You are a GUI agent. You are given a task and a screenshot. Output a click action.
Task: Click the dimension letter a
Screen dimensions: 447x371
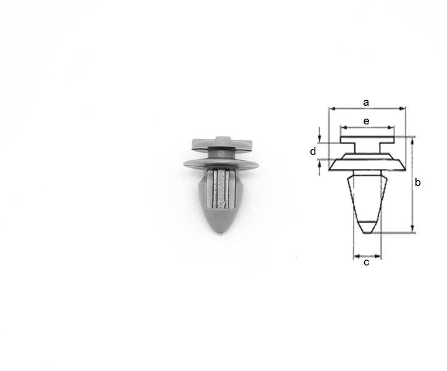point(366,103)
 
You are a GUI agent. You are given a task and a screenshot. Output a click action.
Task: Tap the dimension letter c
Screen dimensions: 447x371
point(367,262)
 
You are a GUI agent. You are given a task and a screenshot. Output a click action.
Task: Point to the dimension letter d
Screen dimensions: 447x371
point(313,151)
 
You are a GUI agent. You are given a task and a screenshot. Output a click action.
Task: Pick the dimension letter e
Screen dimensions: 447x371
point(367,121)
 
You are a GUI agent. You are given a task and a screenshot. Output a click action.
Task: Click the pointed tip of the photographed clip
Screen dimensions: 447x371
point(222,233)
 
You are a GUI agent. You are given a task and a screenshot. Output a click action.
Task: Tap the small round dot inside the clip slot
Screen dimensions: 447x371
point(221,203)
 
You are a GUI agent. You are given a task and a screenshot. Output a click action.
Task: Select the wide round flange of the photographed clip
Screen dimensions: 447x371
point(221,164)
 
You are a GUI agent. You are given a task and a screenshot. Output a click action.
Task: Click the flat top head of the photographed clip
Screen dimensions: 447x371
point(221,144)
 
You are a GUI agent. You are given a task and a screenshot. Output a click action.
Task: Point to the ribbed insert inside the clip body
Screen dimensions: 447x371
point(221,189)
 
